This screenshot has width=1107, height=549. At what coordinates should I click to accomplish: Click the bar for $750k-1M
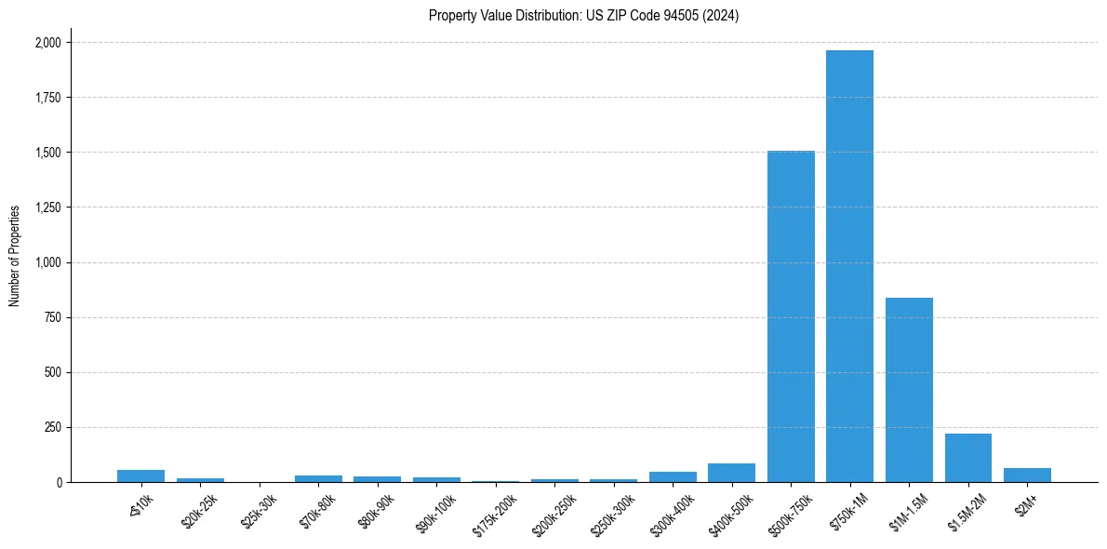(849, 266)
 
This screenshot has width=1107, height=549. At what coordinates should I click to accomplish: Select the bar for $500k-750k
(791, 316)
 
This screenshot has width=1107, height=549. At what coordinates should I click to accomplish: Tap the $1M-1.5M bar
(909, 390)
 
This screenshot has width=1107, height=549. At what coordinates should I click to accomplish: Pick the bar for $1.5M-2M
(968, 458)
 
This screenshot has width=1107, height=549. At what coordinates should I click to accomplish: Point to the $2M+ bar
(1027, 475)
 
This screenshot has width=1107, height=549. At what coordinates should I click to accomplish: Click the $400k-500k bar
(731, 473)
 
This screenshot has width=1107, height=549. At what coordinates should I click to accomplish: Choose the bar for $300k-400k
(673, 476)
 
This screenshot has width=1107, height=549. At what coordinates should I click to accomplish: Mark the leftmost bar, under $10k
(140, 475)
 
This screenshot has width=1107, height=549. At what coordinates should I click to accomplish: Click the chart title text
(583, 16)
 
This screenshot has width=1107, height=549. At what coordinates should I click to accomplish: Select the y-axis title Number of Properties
(15, 256)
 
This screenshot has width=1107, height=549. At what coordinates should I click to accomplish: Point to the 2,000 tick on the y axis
(48, 43)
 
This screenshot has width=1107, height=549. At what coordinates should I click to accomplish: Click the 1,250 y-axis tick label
(48, 208)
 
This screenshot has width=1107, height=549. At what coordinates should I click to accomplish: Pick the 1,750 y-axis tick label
(48, 98)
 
